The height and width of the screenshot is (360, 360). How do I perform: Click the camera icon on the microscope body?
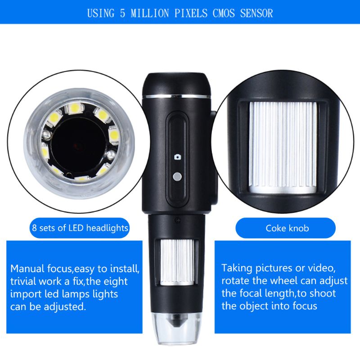pyautogui.click(x=177, y=157)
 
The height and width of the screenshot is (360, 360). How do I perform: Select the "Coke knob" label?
pyautogui.click(x=287, y=228)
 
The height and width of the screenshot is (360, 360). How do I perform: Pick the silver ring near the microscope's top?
pyautogui.click(x=176, y=95)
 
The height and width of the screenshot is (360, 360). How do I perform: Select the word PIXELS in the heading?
pyautogui.click(x=189, y=13)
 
